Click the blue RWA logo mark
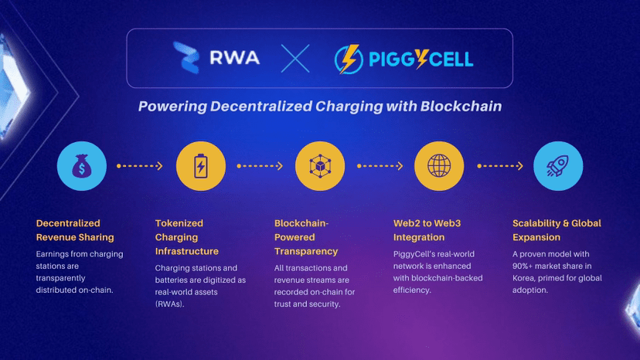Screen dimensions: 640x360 pos(186,57)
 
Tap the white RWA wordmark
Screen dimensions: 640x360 pos(235,57)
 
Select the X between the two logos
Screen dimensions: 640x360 pos(295,59)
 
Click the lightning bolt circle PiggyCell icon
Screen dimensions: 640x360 pos(349,59)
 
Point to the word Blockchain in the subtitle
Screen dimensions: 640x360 pos(461,106)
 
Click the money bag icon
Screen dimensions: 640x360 pos(82,166)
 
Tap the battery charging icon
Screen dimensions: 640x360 pos(201,166)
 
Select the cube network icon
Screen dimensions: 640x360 pos(320,166)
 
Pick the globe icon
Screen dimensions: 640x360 pos(439,166)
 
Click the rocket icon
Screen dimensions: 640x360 pos(558,166)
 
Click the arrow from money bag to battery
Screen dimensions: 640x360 pos(140,166)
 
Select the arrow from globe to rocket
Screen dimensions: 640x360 pos(500,166)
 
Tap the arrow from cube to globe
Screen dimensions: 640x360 pos(380,166)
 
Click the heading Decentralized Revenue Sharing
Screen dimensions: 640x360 pos(75,230)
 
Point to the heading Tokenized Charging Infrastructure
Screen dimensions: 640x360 pos(187,237)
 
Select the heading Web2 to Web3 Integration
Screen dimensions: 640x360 pos(427,230)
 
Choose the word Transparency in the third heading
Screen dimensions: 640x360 pos(306,251)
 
